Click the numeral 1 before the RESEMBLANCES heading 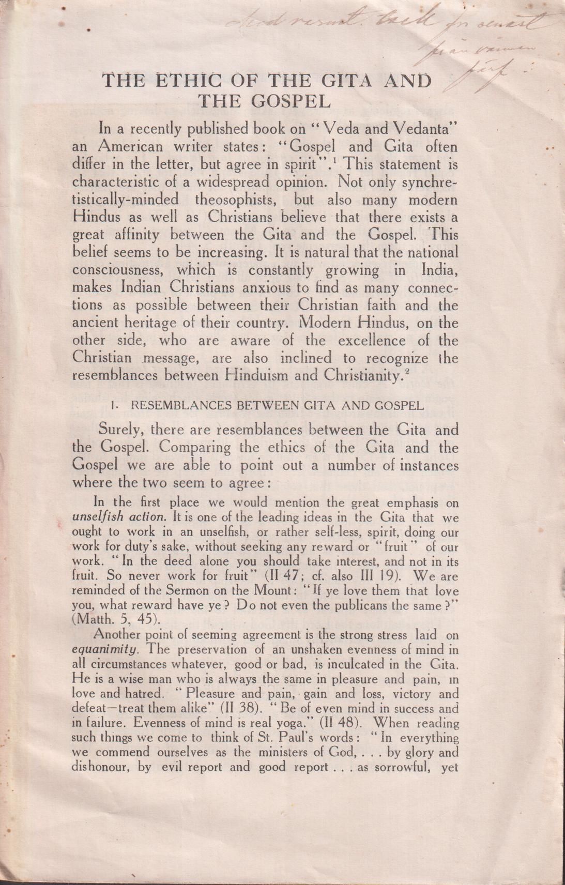[x=113, y=406]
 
